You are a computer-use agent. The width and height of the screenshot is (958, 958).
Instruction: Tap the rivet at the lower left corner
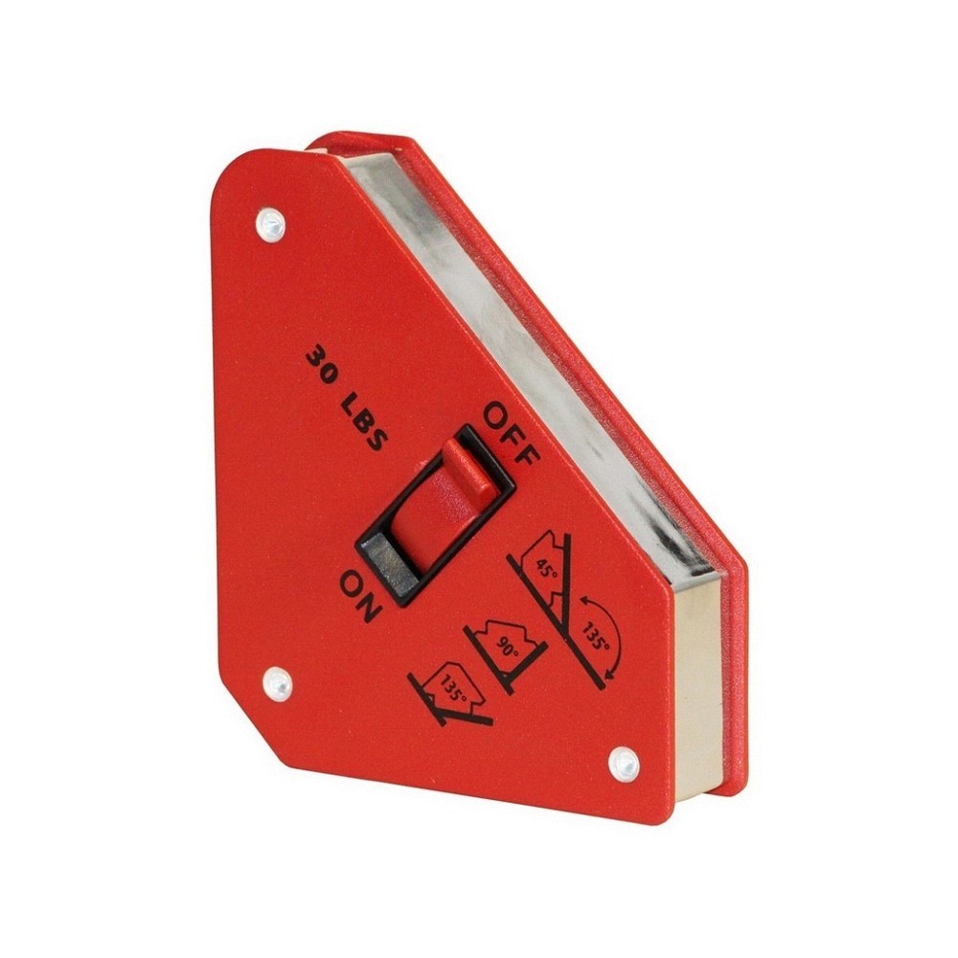point(278,682)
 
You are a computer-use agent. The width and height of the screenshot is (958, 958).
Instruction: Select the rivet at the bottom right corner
point(625,764)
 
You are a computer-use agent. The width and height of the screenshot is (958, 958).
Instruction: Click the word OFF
point(512,433)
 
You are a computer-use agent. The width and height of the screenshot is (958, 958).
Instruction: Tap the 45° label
point(546,569)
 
